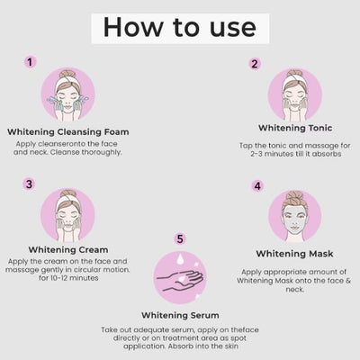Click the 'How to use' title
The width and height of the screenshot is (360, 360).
pyautogui.click(x=179, y=25)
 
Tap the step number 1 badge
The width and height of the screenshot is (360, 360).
pyautogui.click(x=30, y=62)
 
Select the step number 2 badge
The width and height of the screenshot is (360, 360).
pyautogui.click(x=255, y=64)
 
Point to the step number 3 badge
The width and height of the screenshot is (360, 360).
pyautogui.click(x=30, y=184)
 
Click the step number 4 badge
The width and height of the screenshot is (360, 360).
pyautogui.click(x=257, y=186)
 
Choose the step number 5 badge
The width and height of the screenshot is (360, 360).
pyautogui.click(x=179, y=238)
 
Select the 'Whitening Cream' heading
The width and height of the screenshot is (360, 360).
pyautogui.click(x=68, y=249)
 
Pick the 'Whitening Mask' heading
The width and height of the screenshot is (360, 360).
pyautogui.click(x=295, y=253)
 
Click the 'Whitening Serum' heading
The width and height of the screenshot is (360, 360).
pyautogui.click(x=181, y=315)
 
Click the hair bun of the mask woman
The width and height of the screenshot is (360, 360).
pyautogui.click(x=294, y=193)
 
